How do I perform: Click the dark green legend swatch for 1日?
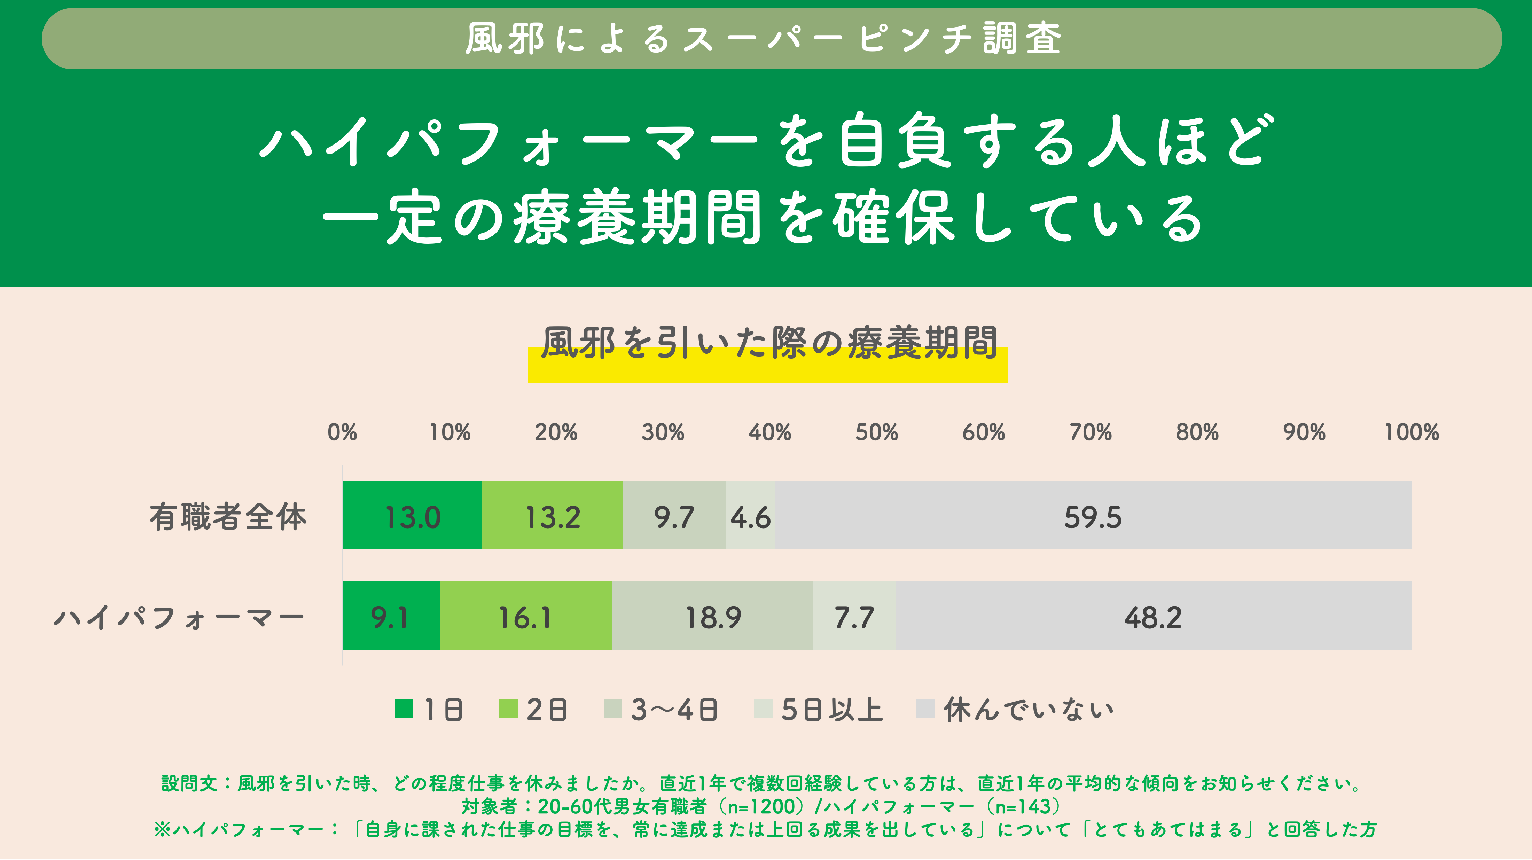[x=404, y=708]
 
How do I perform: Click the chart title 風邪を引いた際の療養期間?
[x=768, y=343]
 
